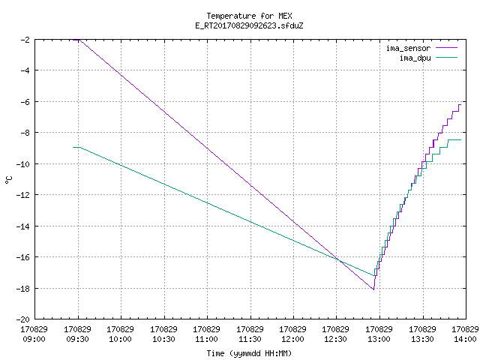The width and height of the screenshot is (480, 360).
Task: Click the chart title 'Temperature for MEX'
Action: tap(249, 16)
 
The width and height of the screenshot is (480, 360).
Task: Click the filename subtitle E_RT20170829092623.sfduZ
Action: tap(249, 25)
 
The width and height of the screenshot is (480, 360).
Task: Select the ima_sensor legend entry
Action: tap(421, 48)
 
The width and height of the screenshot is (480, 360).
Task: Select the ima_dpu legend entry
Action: tap(428, 58)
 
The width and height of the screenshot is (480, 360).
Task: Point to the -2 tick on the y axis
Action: tap(25, 40)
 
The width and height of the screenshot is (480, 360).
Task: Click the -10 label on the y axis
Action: tap(23, 163)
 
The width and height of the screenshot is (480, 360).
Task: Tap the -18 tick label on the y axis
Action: tap(23, 288)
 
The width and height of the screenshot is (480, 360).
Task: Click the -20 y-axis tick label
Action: tap(23, 319)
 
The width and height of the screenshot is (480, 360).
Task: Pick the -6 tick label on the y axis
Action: tap(25, 102)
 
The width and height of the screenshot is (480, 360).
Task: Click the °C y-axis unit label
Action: tap(8, 180)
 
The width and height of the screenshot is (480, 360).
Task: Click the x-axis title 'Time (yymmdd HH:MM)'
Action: tap(249, 353)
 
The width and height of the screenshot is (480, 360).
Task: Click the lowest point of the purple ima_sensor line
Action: tap(373, 289)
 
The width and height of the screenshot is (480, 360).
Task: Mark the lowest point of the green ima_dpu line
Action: tap(374, 275)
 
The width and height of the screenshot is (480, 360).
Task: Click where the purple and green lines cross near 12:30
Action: tap(338, 260)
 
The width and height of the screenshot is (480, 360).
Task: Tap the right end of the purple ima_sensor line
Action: tap(460, 105)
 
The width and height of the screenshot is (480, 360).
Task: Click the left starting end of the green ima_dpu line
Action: tap(73, 147)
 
